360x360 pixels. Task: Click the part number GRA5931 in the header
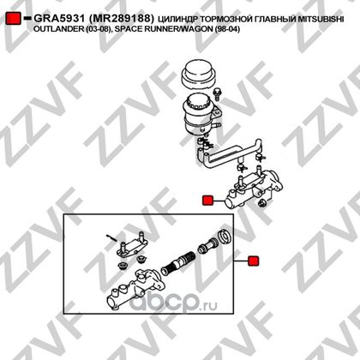[x=59, y=19]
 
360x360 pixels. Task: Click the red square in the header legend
[x=13, y=18]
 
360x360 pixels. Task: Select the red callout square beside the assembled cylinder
[x=207, y=201]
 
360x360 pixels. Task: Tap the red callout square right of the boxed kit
[x=254, y=261]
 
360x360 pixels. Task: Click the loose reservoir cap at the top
[x=198, y=75]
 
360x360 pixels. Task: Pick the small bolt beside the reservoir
[x=217, y=94]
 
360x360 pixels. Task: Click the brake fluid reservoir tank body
[x=200, y=114]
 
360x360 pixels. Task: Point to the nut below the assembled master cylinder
[x=261, y=203]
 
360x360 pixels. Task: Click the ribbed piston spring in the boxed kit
[x=178, y=262]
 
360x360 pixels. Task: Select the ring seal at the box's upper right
[x=225, y=237]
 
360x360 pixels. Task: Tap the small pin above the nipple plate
[x=111, y=237]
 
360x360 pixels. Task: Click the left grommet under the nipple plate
[x=123, y=265]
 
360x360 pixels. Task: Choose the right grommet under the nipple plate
[x=141, y=260]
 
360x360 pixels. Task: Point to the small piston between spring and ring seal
[x=208, y=245]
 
